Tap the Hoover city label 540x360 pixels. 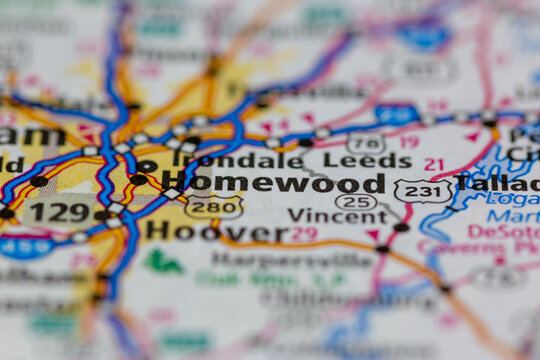click(216, 231)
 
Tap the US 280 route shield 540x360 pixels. click(213, 207)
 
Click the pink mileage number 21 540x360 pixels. click(433, 164)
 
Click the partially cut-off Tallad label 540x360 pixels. click(496, 182)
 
